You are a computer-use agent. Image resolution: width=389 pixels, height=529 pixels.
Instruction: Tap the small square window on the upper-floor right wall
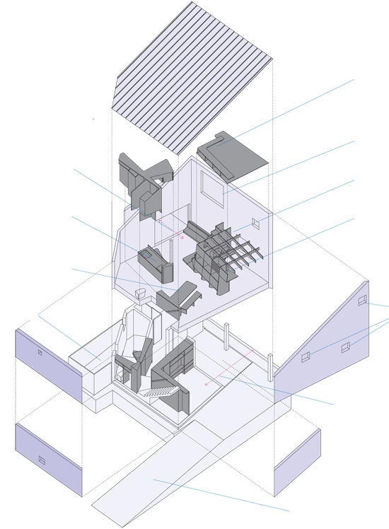click(256, 224)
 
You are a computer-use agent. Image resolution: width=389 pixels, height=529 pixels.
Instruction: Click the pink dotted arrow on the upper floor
click(170, 229)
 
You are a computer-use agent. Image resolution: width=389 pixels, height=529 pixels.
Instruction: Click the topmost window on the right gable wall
click(363, 301)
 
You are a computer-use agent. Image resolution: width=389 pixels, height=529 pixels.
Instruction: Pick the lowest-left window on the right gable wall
click(306, 357)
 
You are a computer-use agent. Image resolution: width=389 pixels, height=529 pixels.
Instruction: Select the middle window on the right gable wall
click(345, 347)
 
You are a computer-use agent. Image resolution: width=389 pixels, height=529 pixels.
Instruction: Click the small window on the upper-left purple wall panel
click(40, 351)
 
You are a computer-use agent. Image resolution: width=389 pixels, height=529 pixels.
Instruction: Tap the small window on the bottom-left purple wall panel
click(42, 460)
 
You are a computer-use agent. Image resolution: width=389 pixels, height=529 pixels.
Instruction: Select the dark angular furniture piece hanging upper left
click(145, 180)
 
